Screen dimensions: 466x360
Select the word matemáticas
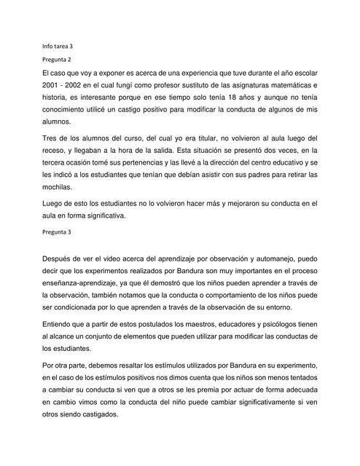284,91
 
